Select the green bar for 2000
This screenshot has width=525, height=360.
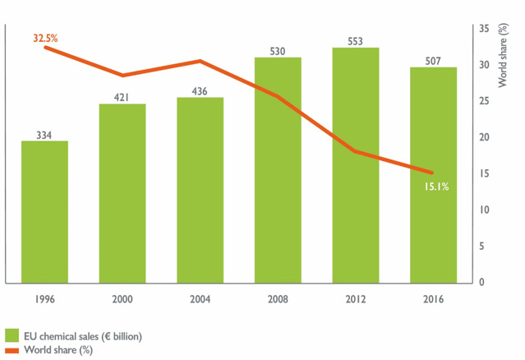point(122,193)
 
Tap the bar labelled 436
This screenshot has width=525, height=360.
point(200,190)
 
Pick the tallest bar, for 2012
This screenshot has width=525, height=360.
point(356,164)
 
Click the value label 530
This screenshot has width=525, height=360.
point(278,51)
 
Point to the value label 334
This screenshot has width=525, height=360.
point(44,134)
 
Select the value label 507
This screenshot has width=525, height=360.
point(433,60)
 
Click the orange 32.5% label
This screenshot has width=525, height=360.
point(44,39)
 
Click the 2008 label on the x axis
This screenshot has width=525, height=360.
point(278,300)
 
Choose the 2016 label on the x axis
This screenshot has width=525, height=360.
point(433,300)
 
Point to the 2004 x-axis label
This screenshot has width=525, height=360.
point(200,300)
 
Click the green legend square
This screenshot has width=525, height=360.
point(12,335)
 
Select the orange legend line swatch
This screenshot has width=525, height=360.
point(12,349)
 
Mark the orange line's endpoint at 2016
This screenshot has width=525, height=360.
point(433,173)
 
